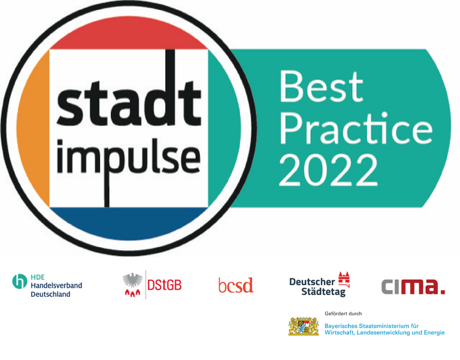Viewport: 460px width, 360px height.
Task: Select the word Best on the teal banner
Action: pyautogui.click(x=321, y=86)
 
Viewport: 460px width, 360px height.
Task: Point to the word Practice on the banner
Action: pyautogui.click(x=356, y=129)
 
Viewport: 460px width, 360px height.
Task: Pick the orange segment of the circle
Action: pyautogui.click(x=34, y=129)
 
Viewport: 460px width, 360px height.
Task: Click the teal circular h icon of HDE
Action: pyautogui.click(x=20, y=281)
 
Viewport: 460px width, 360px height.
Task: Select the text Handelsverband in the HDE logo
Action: pyautogui.click(x=56, y=285)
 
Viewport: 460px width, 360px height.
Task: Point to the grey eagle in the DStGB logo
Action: pyautogui.click(x=132, y=280)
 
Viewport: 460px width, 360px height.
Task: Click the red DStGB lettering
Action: pyautogui.click(x=164, y=285)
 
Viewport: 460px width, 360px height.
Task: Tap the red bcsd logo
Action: pyautogui.click(x=236, y=285)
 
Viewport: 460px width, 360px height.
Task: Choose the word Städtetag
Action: pyautogui.click(x=324, y=292)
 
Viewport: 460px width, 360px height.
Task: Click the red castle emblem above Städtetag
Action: pyautogui.click(x=344, y=279)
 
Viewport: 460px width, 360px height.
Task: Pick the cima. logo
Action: pyautogui.click(x=413, y=286)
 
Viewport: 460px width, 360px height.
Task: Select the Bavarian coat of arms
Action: pyautogui.click(x=304, y=326)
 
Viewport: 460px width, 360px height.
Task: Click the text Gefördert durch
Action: pyautogui.click(x=343, y=313)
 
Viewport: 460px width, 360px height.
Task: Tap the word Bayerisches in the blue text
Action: pyautogui.click(x=341, y=326)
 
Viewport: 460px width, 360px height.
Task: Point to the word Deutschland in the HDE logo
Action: pyautogui.click(x=50, y=294)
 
